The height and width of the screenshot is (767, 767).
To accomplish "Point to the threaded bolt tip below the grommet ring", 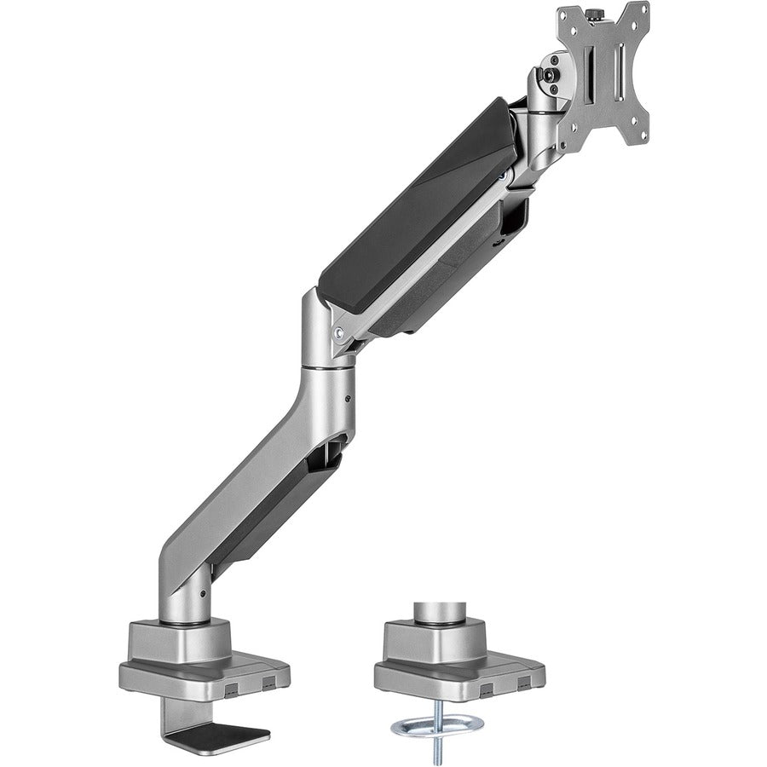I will (x=436, y=751).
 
